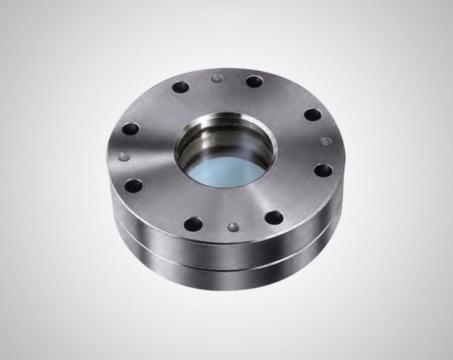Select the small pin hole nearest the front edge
click(x=233, y=226)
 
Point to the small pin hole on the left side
click(x=124, y=156)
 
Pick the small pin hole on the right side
click(x=325, y=141)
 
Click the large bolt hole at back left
click(x=181, y=88)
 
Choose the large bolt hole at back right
click(x=253, y=81)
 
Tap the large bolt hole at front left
click(x=194, y=224)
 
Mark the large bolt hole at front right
click(x=274, y=218)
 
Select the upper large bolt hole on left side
click(x=129, y=128)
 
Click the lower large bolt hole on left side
click(x=135, y=185)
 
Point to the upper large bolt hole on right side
click(x=311, y=115)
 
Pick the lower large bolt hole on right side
click(x=323, y=169)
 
